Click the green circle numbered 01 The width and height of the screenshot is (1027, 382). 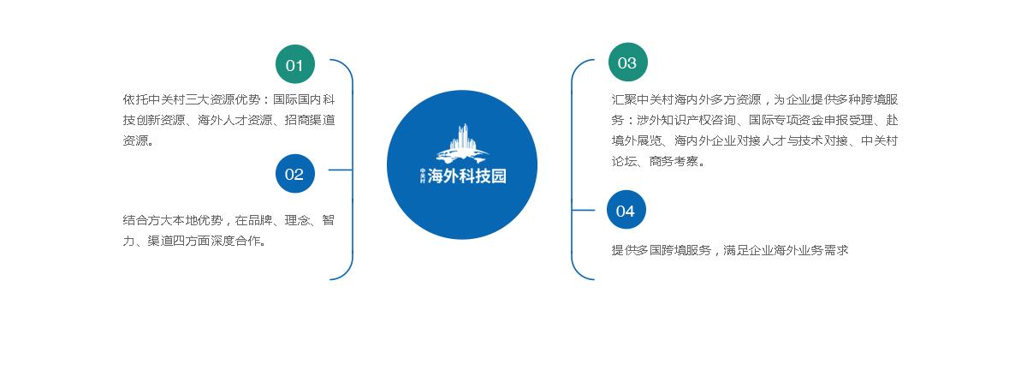pos(294,64)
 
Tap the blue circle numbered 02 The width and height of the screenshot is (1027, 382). pos(294,173)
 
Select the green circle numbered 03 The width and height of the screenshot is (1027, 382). pos(627,62)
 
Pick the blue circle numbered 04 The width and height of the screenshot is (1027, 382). pos(626,210)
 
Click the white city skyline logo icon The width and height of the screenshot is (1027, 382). pos(462,144)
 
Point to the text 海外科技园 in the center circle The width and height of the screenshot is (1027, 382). pos(466,176)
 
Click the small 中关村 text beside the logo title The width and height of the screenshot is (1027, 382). pos(423,176)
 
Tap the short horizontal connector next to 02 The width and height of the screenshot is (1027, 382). pos(341,170)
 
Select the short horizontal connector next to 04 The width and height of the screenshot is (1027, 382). pos(583,210)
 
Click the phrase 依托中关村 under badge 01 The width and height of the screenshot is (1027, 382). pos(154,99)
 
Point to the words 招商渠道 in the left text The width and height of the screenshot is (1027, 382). pos(310,120)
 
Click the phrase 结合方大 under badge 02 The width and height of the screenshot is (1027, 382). pos(147,221)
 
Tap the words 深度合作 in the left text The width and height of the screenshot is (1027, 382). pos(234,241)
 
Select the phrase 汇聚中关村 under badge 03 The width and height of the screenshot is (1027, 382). pos(643,99)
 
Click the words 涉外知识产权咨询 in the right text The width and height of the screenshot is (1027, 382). pos(686,120)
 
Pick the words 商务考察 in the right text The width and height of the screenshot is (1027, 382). pos(674,161)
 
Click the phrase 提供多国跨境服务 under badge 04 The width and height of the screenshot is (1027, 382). pos(661,250)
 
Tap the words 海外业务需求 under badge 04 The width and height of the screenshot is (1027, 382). pos(811,250)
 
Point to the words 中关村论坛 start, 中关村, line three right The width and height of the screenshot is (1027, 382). pos(880,140)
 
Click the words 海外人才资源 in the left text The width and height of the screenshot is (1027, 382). pos(235,120)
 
